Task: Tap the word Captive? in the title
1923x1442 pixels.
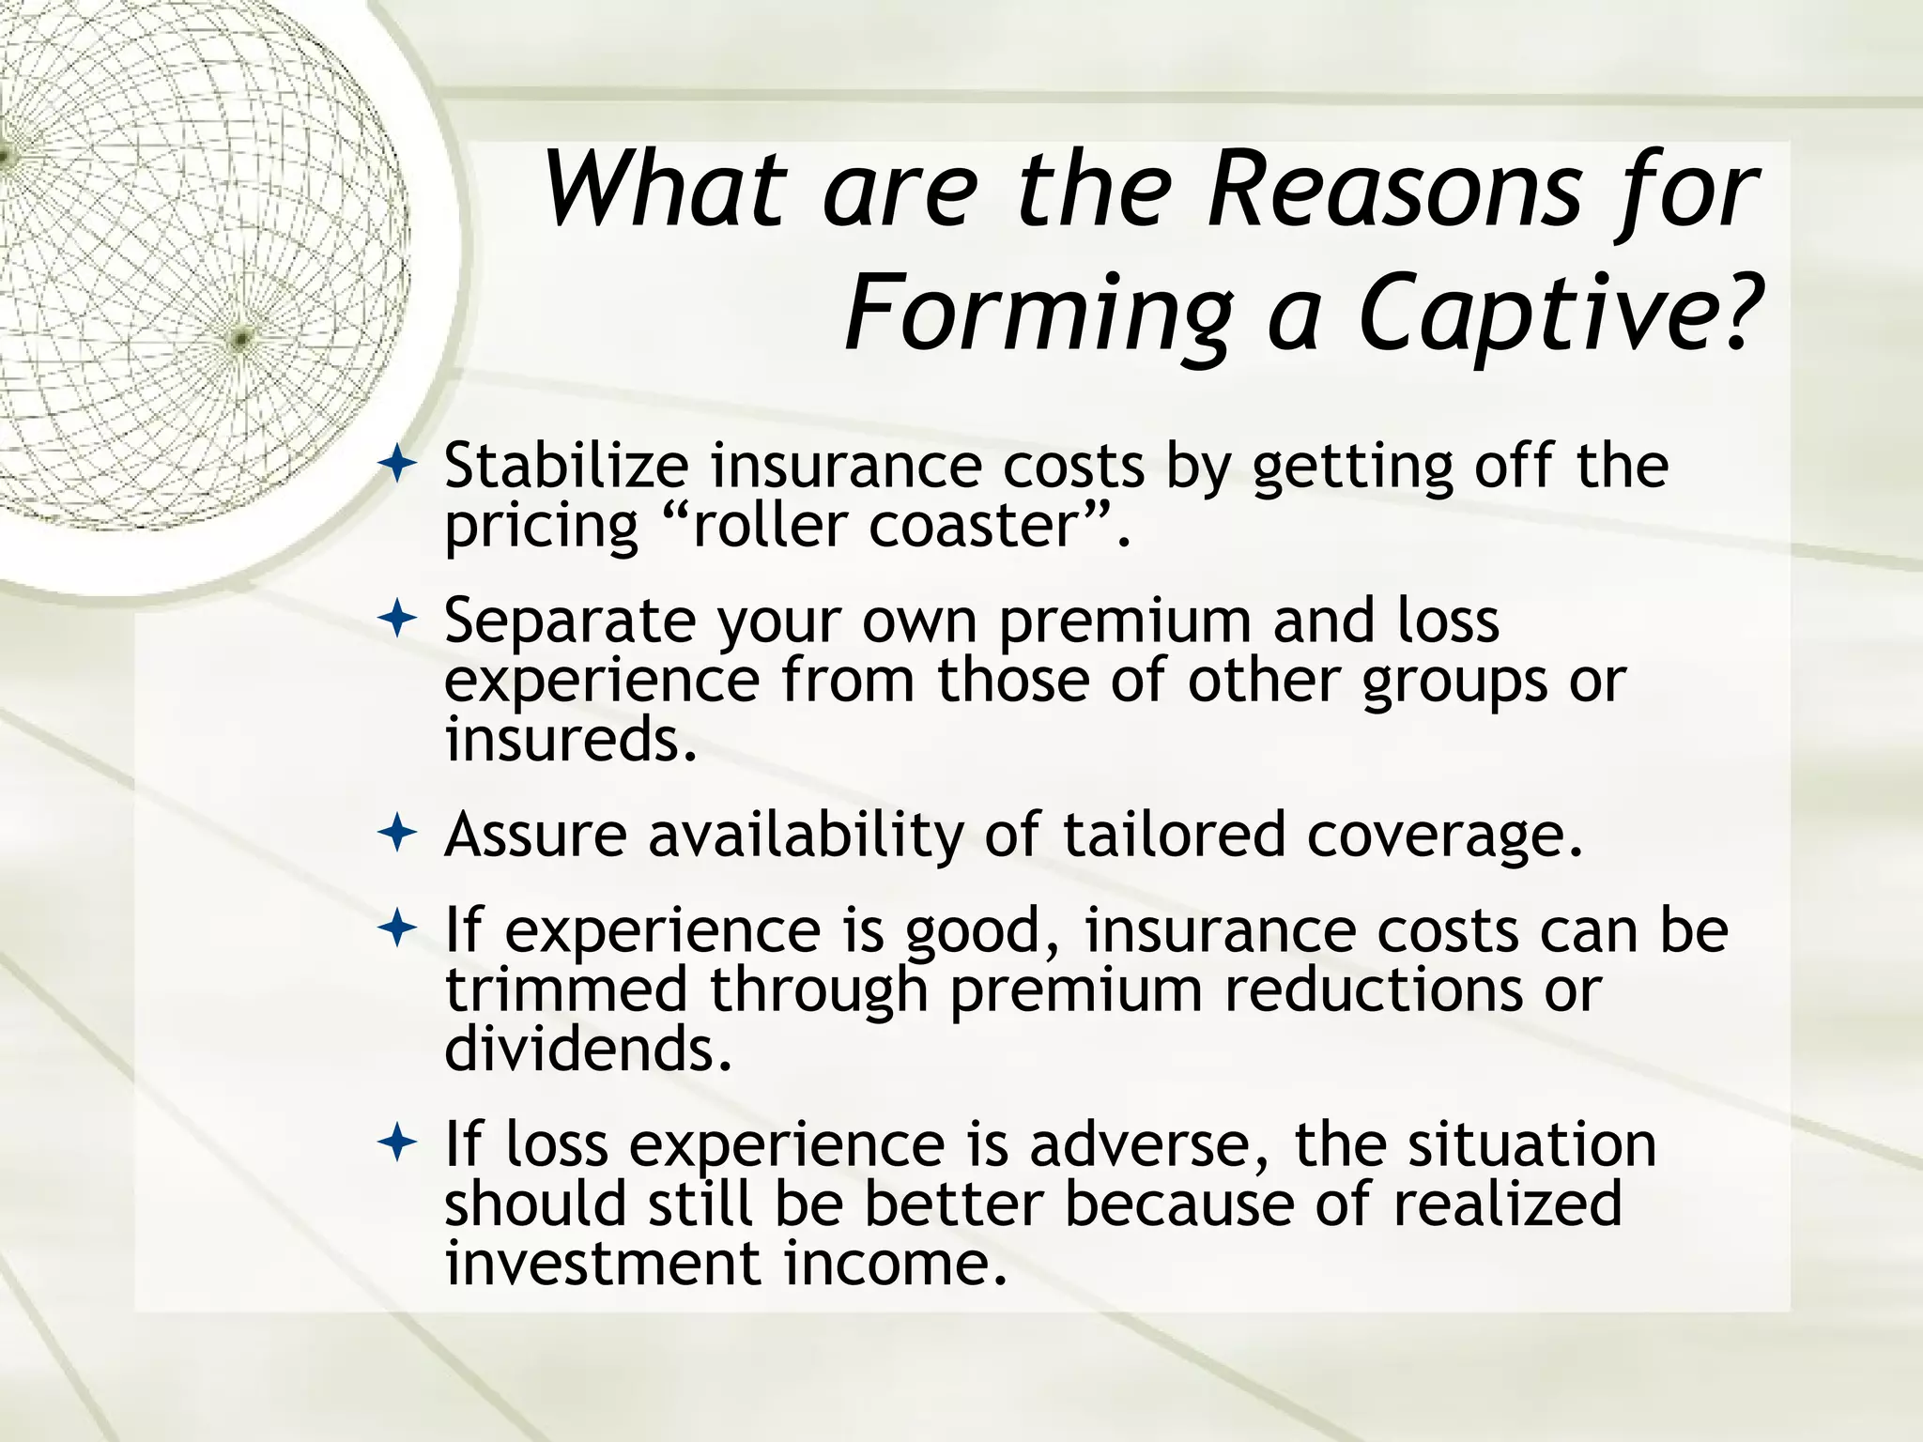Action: coord(1555,314)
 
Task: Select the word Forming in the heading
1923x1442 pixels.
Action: coord(1038,314)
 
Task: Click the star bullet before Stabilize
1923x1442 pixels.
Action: coord(398,465)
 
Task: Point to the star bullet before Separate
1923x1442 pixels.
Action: coord(398,620)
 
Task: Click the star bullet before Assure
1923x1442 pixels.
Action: coord(398,833)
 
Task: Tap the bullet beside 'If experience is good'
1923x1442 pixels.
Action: coord(398,930)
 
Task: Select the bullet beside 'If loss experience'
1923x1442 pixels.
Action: coord(398,1144)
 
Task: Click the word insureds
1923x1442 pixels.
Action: coord(571,740)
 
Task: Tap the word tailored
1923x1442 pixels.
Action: coord(1173,835)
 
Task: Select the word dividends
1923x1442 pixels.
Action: coord(587,1049)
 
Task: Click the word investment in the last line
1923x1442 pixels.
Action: coord(602,1264)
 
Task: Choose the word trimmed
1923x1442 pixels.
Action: coord(566,989)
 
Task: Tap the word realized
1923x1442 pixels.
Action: coord(1507,1204)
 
